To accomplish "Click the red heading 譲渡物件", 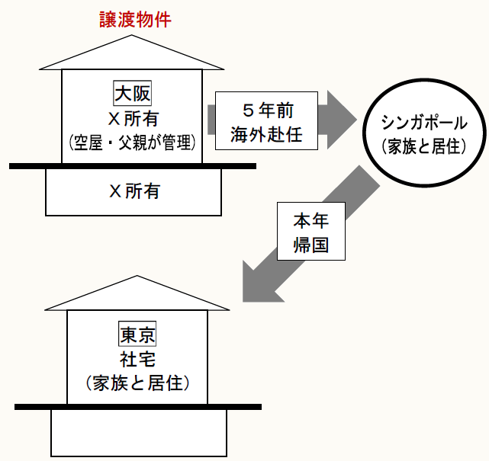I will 135,21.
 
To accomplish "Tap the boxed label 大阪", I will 133,94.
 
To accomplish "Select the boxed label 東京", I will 137,335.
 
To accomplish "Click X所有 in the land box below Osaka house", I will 134,191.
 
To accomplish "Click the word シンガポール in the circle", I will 423,122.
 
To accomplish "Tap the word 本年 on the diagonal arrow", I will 310,222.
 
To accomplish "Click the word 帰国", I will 310,247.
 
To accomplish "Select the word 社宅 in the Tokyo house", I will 137,359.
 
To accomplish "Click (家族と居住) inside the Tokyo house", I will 137,383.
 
